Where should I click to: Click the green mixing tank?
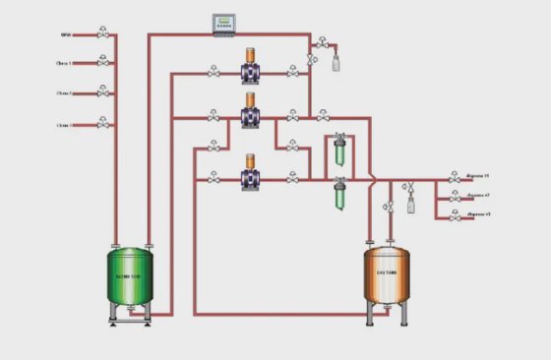coord(132,276)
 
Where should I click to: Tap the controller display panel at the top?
coord(228,23)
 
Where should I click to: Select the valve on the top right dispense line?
coord(454,179)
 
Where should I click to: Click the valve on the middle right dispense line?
coord(454,197)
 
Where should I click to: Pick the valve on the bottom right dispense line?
coord(454,214)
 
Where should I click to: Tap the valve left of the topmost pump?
coord(214,71)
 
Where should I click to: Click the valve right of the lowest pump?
coord(291,179)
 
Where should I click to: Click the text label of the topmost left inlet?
coord(65,35)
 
